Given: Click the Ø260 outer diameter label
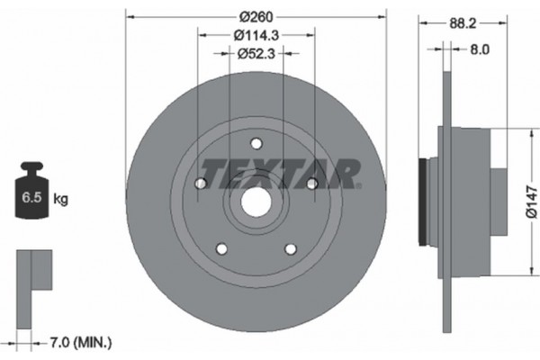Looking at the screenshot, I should click(256, 16).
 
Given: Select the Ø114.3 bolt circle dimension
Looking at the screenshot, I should click(256, 35).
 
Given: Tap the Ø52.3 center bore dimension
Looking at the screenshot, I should click(256, 54).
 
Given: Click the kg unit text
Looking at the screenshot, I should click(61, 197).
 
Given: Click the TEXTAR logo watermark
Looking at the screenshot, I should click(280, 170).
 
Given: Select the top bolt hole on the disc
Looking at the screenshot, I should click(256, 144).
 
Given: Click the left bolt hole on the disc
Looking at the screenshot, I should click(201, 184).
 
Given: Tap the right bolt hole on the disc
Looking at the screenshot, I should click(311, 184).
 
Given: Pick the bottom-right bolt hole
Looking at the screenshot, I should click(290, 249).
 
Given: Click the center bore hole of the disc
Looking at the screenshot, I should click(256, 203).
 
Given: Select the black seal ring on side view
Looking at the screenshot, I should click(424, 203).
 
